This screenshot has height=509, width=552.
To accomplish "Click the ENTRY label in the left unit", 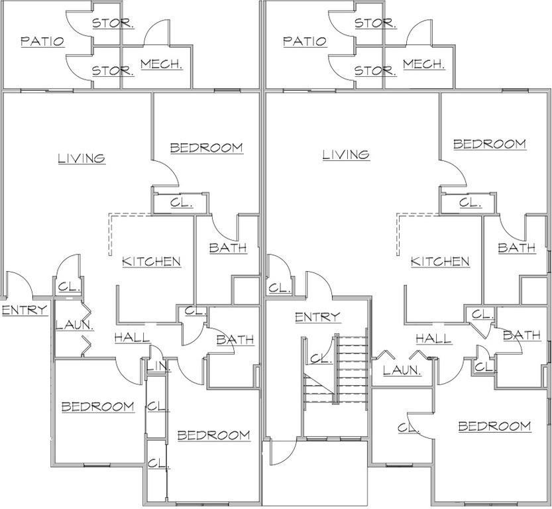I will pyautogui.click(x=24, y=310).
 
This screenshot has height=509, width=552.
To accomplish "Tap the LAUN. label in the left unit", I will pyautogui.click(x=74, y=325).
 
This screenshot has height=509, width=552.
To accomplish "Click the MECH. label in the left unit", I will pyautogui.click(x=161, y=65).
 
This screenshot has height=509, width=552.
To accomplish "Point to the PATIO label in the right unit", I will pyautogui.click(x=305, y=41).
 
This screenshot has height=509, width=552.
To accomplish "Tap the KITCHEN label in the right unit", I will pyautogui.click(x=440, y=261).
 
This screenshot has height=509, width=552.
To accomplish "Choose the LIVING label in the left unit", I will pyautogui.click(x=81, y=158).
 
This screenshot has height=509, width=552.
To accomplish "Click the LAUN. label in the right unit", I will pyautogui.click(x=402, y=370).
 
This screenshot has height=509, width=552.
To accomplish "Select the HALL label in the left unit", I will pyautogui.click(x=132, y=337).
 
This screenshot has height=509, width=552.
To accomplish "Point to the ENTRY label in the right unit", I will pyautogui.click(x=317, y=317).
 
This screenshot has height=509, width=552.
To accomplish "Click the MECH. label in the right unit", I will pyautogui.click(x=423, y=64).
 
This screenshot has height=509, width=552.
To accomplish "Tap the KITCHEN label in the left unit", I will pyautogui.click(x=151, y=261).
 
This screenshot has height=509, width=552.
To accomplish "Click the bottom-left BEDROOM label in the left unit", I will pyautogui.click(x=97, y=406).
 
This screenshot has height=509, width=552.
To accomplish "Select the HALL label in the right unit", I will pyautogui.click(x=433, y=339).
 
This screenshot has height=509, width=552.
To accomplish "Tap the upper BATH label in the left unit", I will pyautogui.click(x=227, y=248).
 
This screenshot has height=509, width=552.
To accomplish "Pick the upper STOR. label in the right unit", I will pyautogui.click(x=375, y=23).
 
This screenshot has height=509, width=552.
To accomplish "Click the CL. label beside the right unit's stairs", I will pyautogui.click(x=321, y=359).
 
